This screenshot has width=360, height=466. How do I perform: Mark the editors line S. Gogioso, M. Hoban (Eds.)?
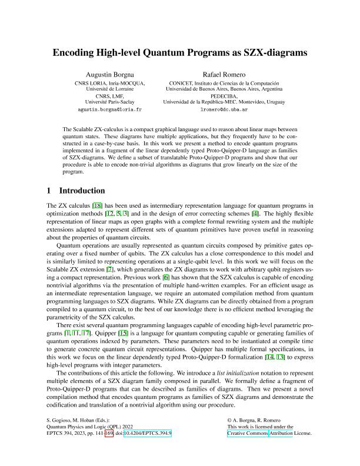74,420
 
